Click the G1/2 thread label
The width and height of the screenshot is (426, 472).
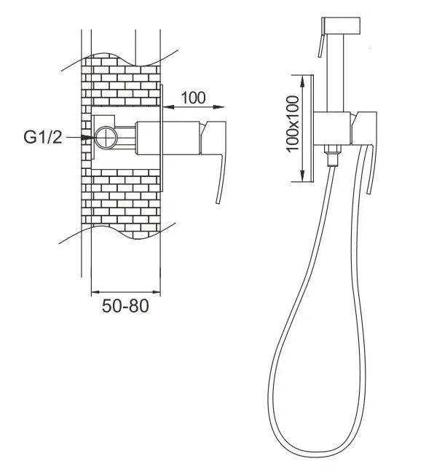point(43,137)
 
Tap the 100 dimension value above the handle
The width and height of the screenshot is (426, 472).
point(194,98)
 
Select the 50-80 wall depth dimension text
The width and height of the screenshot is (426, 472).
point(125,306)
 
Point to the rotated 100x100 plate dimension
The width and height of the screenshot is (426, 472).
point(293,124)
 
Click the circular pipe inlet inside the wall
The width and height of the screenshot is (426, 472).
point(106,137)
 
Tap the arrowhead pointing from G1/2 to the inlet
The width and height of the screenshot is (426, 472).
point(89,137)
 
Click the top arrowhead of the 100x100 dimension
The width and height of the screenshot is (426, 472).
point(303,82)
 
